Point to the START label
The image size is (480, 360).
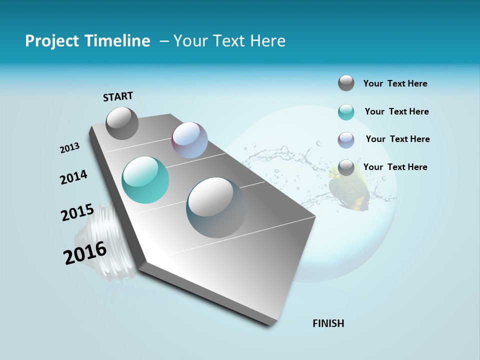tap(118, 96)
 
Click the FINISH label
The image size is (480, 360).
tap(328, 323)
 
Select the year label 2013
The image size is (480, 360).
tap(70, 148)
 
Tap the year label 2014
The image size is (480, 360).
tap(74, 177)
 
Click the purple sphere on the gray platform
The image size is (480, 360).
tap(189, 140)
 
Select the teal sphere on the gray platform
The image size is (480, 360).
tap(145, 180)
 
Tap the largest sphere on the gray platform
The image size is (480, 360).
tap(216, 207)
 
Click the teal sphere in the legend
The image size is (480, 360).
tap(346, 112)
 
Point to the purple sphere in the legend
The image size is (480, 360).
tap(346, 140)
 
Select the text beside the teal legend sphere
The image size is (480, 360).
tap(396, 111)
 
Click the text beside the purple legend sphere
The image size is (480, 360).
tap(397, 139)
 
